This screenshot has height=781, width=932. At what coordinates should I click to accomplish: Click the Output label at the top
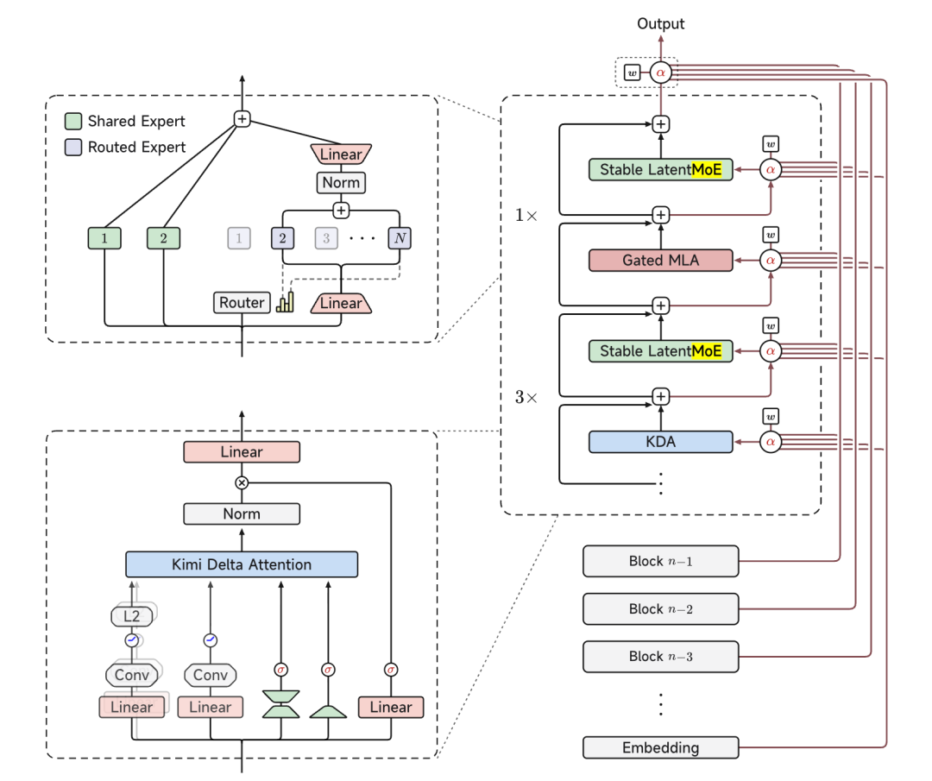660,24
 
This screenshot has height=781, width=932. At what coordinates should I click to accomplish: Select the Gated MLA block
660,261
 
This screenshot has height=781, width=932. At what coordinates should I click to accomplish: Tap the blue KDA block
660,442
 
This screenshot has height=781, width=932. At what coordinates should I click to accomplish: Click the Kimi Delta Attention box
242,564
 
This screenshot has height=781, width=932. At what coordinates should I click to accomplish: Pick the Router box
242,303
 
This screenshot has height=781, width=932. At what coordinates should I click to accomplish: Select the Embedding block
660,747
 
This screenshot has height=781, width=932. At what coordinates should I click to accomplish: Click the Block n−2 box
660,608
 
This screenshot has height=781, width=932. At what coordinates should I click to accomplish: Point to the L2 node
132,616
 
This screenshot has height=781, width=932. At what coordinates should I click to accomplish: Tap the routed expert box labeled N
400,238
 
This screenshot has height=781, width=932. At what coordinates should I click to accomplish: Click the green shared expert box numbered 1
104,238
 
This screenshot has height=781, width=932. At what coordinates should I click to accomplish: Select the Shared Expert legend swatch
73,122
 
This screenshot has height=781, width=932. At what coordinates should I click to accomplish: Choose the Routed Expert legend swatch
73,147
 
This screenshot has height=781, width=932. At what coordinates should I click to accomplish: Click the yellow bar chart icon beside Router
285,303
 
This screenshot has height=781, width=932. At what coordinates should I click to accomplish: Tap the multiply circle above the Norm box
242,482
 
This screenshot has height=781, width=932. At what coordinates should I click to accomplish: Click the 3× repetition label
526,397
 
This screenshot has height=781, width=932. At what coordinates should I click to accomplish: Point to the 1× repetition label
526,215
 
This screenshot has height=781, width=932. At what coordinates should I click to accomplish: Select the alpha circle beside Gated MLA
771,261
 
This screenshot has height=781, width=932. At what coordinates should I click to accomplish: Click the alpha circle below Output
660,72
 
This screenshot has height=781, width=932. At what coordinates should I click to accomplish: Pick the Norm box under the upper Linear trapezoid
341,182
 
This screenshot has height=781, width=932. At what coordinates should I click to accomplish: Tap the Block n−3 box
660,656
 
